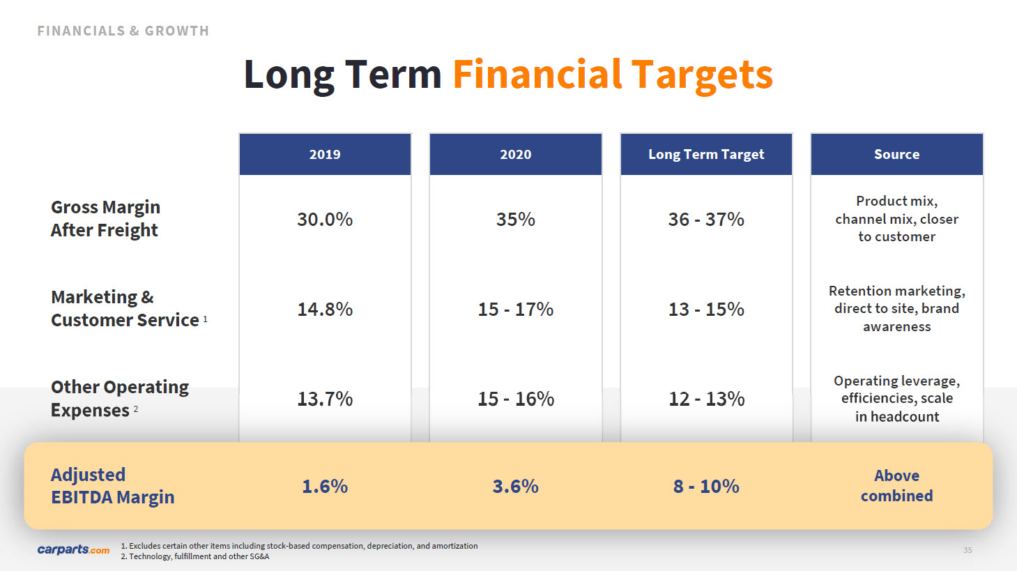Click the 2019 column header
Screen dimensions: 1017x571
pyautogui.click(x=325, y=155)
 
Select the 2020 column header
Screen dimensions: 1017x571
pyautogui.click(x=515, y=155)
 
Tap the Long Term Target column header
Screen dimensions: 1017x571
pyautogui.click(x=706, y=155)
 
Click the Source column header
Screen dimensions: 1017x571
pyautogui.click(x=896, y=155)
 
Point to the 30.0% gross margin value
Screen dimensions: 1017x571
pyautogui.click(x=325, y=220)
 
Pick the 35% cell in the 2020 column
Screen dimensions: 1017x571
pyautogui.click(x=515, y=220)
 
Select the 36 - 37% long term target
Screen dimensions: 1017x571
pyautogui.click(x=706, y=220)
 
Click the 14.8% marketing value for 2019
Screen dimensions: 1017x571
pyautogui.click(x=325, y=310)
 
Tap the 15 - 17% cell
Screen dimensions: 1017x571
pyautogui.click(x=515, y=310)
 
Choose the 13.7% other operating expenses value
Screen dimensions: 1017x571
pyautogui.click(x=325, y=399)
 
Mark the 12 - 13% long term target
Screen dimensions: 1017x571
pyautogui.click(x=706, y=399)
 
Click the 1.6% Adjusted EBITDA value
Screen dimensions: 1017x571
pyautogui.click(x=325, y=487)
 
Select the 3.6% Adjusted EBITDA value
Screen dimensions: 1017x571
pyautogui.click(x=515, y=487)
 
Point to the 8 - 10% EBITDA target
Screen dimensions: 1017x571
pyautogui.click(x=706, y=487)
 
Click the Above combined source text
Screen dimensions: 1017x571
pyautogui.click(x=896, y=486)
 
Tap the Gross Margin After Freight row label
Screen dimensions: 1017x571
pyautogui.click(x=105, y=219)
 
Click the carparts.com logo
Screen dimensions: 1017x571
pyautogui.click(x=74, y=549)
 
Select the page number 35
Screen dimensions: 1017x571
pyautogui.click(x=968, y=550)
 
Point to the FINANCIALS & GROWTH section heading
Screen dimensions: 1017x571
pyautogui.click(x=123, y=31)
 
